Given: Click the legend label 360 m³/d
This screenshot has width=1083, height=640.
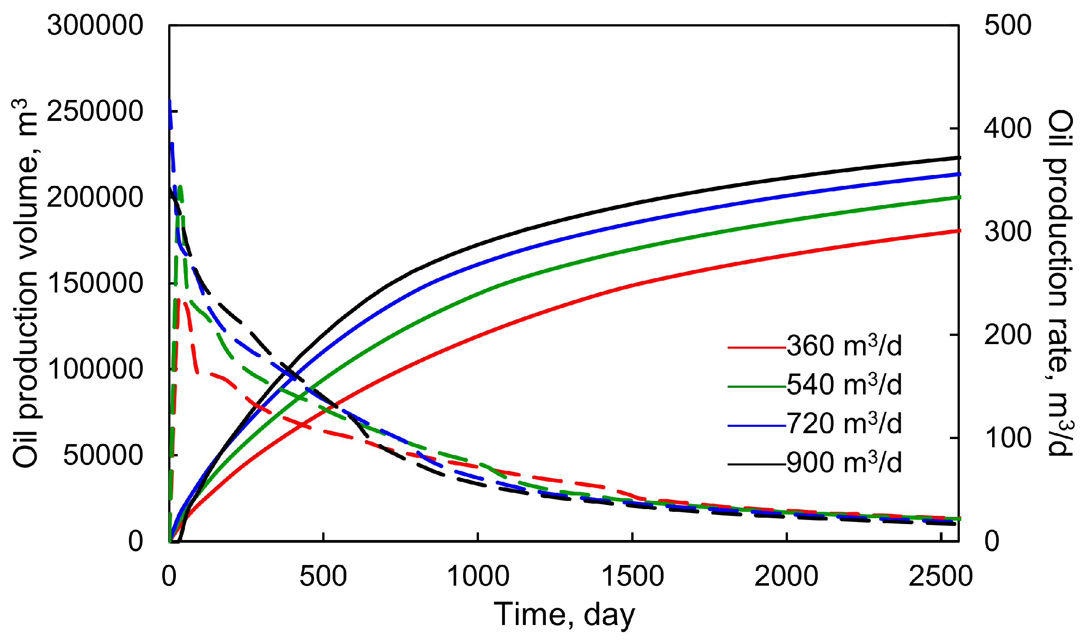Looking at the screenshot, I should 844,346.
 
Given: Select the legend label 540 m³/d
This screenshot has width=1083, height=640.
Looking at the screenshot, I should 844,385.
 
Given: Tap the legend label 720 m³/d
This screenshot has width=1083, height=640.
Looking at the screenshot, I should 844,424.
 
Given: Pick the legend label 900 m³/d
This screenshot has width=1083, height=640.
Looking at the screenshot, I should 844,463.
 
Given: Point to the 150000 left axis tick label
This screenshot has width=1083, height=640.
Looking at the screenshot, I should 95,283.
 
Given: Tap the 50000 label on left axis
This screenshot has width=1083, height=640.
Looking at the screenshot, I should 103,455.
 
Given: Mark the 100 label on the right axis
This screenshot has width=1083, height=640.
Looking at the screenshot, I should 1008,438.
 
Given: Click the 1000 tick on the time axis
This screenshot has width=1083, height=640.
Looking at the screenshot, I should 478,576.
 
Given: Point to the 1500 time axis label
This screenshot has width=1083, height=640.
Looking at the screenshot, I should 632,576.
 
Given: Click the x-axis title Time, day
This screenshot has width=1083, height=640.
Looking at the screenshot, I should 564,615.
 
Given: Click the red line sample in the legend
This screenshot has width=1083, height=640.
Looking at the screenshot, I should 756,348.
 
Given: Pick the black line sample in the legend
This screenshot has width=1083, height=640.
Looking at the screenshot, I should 756,464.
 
